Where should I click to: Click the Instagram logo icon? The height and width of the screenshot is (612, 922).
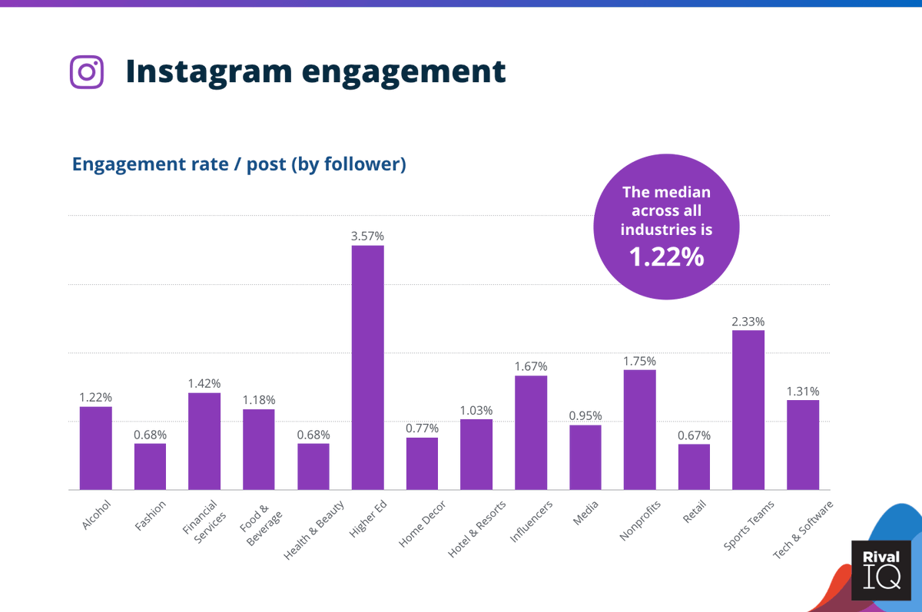87,72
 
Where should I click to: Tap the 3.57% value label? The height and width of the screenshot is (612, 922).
367,237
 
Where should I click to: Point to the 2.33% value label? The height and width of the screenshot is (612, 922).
748,322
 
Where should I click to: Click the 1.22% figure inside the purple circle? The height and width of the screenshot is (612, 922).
666,257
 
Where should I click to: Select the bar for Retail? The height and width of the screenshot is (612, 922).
694,466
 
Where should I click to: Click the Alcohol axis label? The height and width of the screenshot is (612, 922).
98,514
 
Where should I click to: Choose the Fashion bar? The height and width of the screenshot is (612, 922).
150,466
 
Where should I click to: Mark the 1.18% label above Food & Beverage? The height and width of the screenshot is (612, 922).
259,400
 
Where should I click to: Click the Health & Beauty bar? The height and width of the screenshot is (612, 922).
313,466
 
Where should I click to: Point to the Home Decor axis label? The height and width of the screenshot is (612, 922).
422,524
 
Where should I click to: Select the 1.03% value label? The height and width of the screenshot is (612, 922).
476,410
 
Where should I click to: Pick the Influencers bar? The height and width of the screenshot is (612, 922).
531,432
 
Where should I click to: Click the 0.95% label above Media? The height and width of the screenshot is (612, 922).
585,416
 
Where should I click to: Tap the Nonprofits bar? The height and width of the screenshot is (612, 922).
639,429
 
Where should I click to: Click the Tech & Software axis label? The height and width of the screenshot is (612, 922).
803,528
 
